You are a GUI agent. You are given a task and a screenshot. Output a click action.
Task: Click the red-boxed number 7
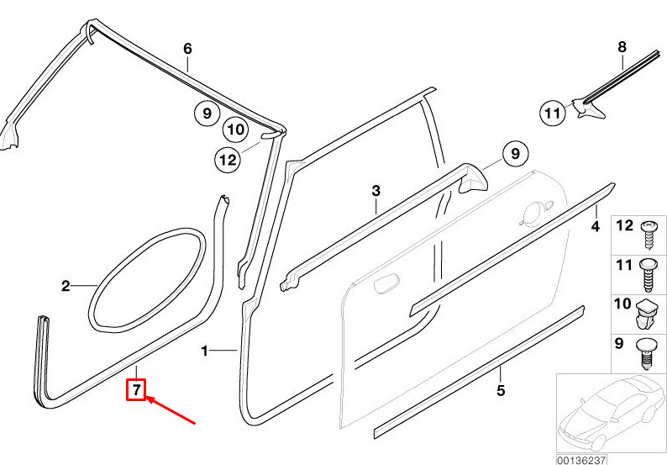point(136,389)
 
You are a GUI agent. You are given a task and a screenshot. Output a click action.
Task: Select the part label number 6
point(187,49)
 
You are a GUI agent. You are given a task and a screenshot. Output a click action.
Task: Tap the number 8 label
point(622,47)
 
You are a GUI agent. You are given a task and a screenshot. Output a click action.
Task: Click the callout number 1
point(205,351)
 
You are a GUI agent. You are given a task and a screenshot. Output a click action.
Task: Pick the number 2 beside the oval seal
point(66,286)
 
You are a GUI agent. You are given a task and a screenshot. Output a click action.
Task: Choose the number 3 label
point(376,191)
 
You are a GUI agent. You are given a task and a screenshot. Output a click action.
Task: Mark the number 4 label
point(596,226)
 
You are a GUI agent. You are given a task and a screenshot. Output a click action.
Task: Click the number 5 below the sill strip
point(501,390)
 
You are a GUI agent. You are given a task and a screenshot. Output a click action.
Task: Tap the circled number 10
point(236,129)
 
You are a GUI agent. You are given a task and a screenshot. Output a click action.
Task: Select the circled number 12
point(228,160)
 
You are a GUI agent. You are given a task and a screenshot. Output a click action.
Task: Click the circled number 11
point(553,114)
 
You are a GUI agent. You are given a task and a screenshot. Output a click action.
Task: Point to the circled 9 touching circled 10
point(207,114)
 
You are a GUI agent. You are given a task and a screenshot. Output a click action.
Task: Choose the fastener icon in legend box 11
point(648,275)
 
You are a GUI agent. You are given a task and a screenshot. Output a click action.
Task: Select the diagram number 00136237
point(581,460)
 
